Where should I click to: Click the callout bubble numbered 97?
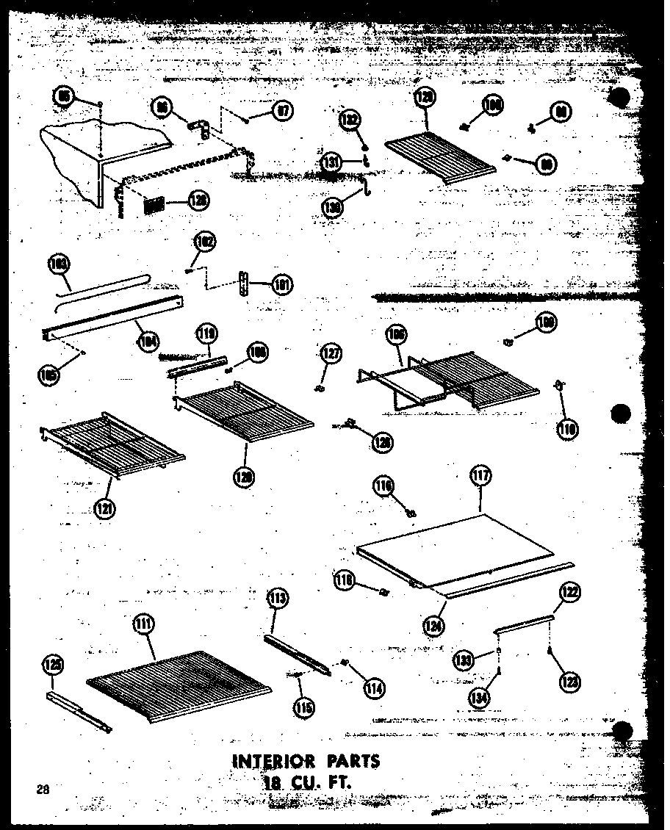281,111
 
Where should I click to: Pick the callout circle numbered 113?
277,599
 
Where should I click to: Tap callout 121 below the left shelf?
104,508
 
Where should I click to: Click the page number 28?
41,790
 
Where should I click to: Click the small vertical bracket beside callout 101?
244,283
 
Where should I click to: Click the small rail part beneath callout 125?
77,710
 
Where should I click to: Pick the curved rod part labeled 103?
103,286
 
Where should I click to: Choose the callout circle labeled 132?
350,120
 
